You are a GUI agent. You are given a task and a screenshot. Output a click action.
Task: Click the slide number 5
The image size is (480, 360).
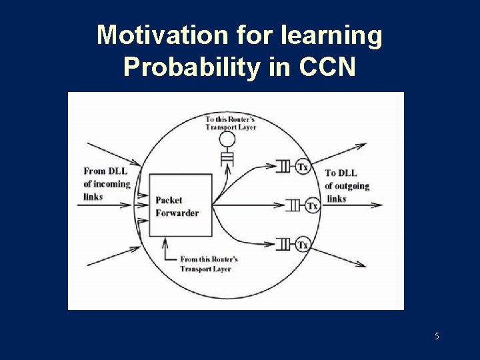(x=437, y=336)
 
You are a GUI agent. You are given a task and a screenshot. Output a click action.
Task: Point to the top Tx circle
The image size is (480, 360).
(x=303, y=166)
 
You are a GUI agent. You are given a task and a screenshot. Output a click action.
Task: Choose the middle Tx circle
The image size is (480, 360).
(x=312, y=206)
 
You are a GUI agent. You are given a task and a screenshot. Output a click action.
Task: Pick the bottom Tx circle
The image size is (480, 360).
(x=303, y=245)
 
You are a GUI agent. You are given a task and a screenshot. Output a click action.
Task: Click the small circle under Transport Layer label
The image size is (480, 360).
(x=228, y=139)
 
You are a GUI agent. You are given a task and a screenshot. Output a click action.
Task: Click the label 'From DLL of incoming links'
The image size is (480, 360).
(x=107, y=183)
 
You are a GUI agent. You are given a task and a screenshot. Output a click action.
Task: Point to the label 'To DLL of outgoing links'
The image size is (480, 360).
(x=347, y=185)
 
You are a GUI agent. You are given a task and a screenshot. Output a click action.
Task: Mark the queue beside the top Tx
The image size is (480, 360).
(x=284, y=166)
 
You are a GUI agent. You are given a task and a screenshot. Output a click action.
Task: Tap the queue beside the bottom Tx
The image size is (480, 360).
(x=284, y=245)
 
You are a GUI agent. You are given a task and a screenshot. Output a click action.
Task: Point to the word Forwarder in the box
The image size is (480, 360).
(x=177, y=213)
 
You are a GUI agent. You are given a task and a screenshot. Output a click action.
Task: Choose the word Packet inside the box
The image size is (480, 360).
(x=169, y=200)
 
